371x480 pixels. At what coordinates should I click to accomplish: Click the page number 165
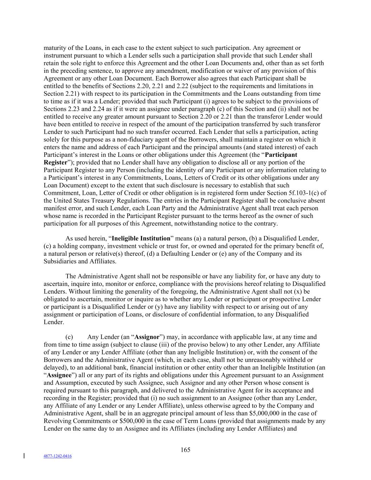[x=185, y=450]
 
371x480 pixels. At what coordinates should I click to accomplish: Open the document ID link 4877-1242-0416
[x=58, y=456]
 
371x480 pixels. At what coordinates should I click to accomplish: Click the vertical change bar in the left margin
[x=24, y=456]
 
